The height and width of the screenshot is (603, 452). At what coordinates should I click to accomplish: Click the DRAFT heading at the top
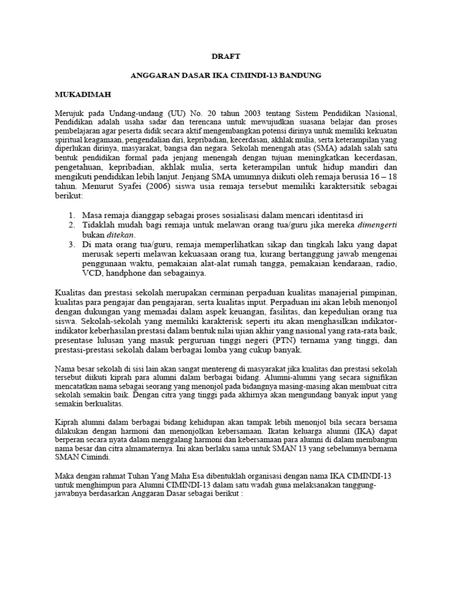[x=225, y=56]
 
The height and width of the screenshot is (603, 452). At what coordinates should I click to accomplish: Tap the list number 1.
[x=71, y=215]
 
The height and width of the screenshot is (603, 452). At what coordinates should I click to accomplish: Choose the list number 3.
[x=71, y=244]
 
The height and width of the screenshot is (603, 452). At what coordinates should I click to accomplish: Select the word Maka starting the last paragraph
[x=65, y=477]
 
